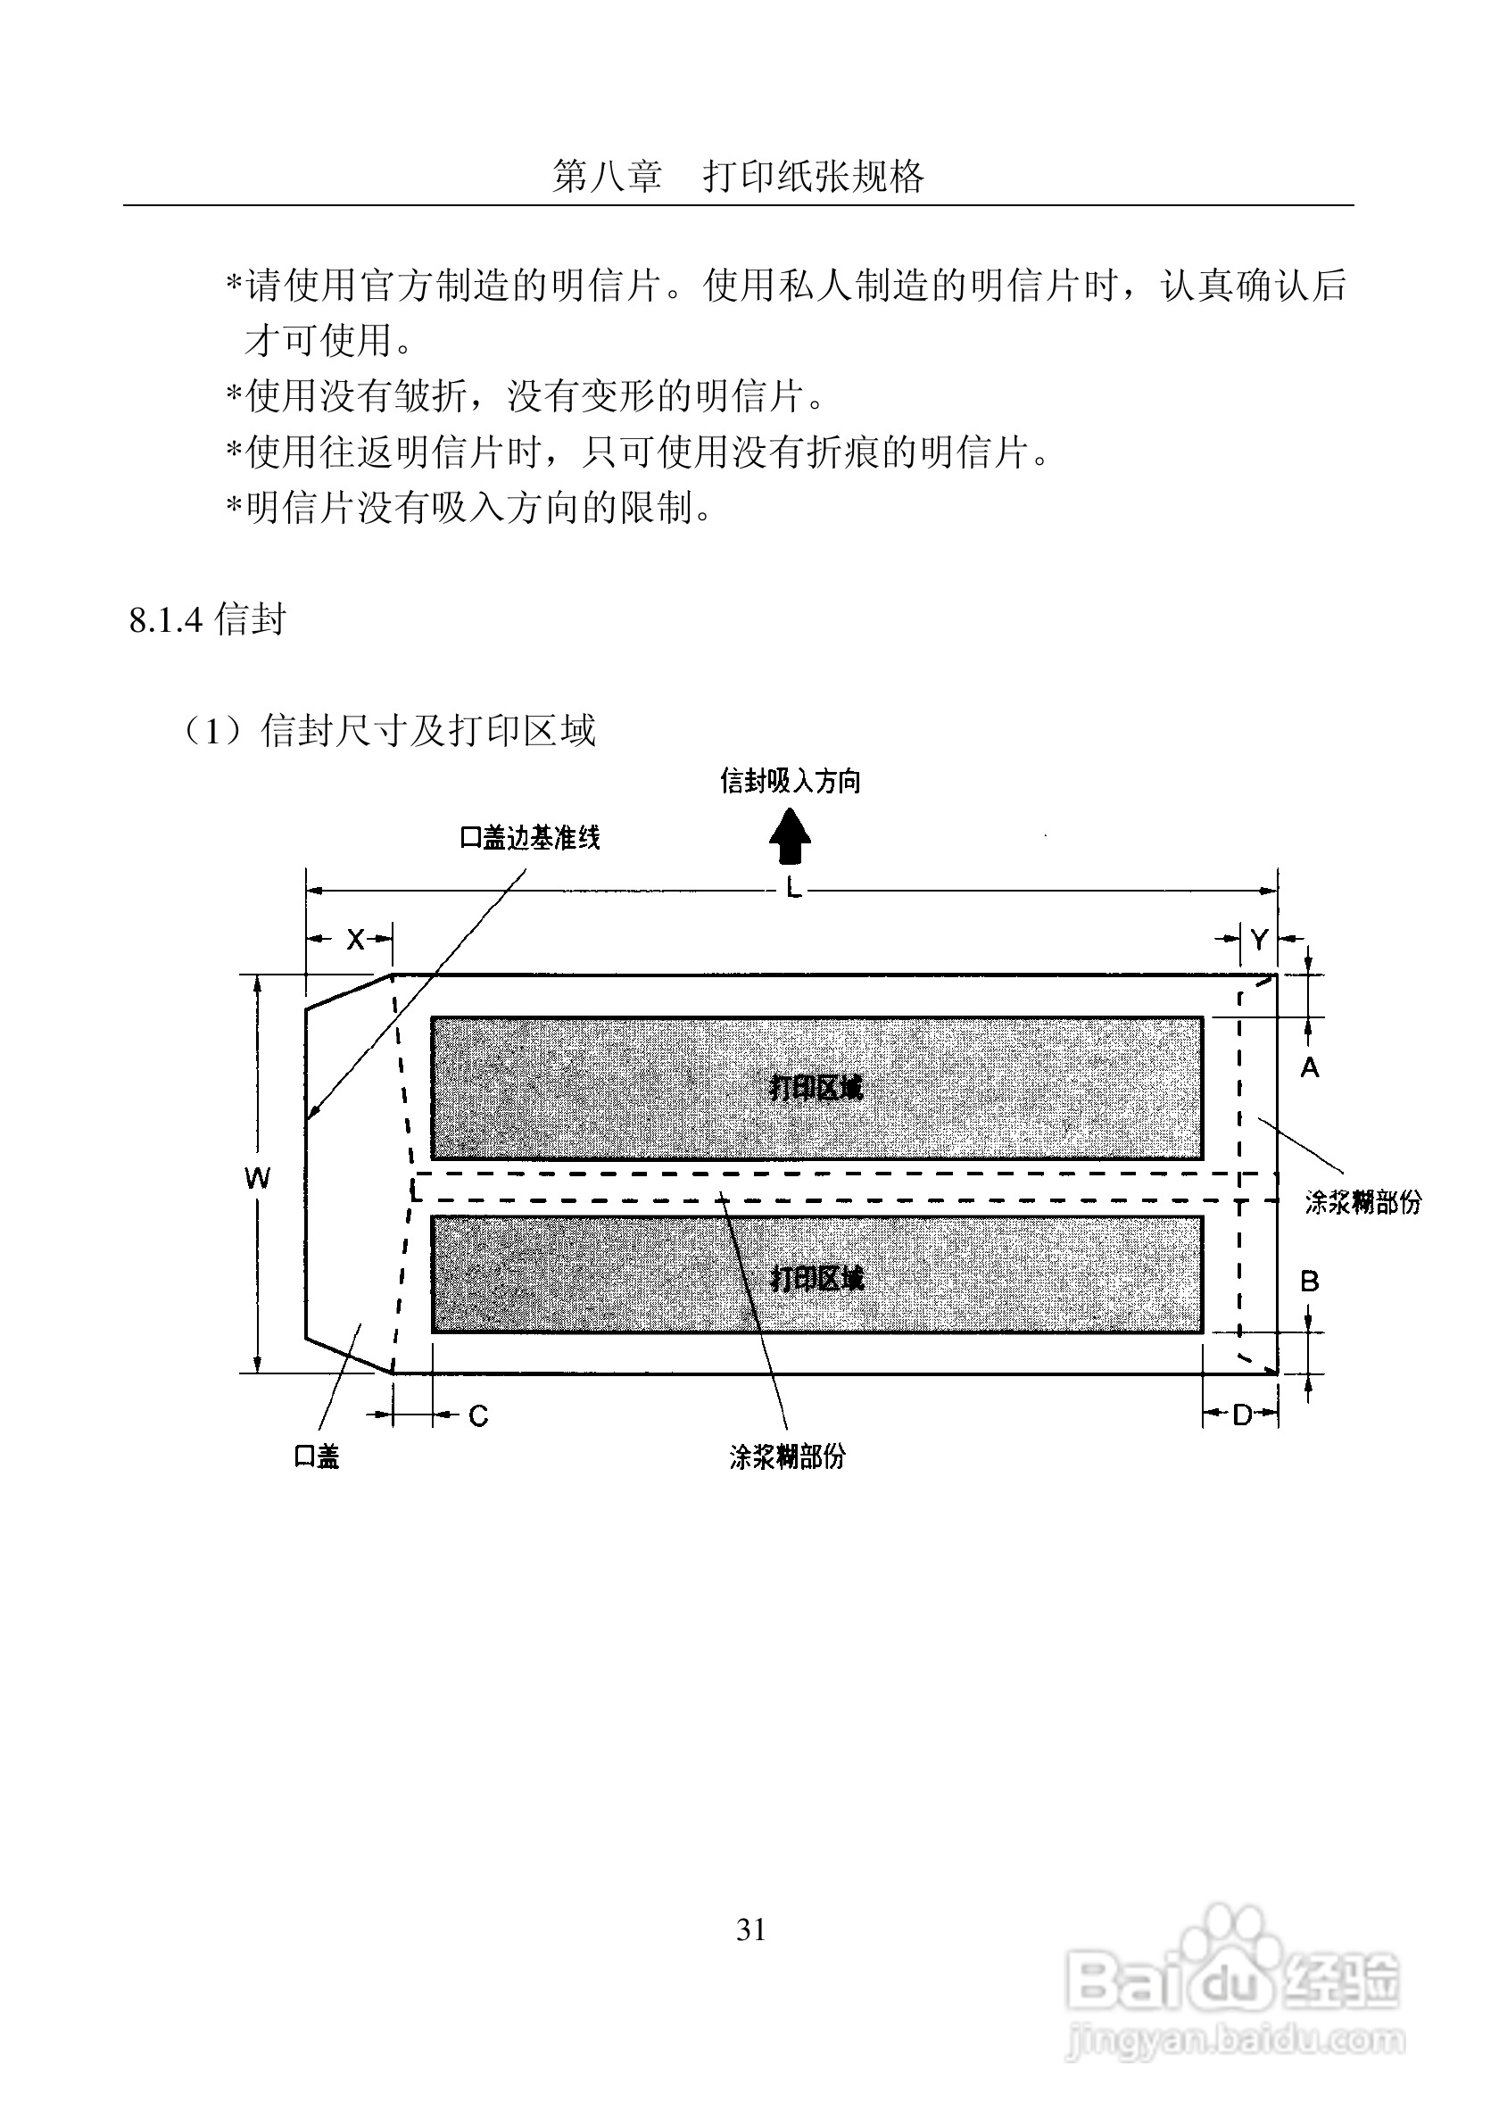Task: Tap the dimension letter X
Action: (356, 940)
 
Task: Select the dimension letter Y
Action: (1259, 940)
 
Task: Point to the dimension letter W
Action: (257, 1178)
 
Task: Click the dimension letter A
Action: (1310, 1068)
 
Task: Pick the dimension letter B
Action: (1310, 1282)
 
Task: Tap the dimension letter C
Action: (478, 1416)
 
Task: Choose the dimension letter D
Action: (1243, 1415)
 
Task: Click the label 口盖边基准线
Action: (530, 838)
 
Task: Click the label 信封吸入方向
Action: (791, 782)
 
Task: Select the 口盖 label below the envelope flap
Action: (316, 1457)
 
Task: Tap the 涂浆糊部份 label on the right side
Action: (1363, 1203)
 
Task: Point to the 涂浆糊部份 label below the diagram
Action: (787, 1458)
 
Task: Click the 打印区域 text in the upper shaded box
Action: (816, 1088)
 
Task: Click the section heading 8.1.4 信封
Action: (208, 620)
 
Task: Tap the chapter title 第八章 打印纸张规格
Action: (738, 176)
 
